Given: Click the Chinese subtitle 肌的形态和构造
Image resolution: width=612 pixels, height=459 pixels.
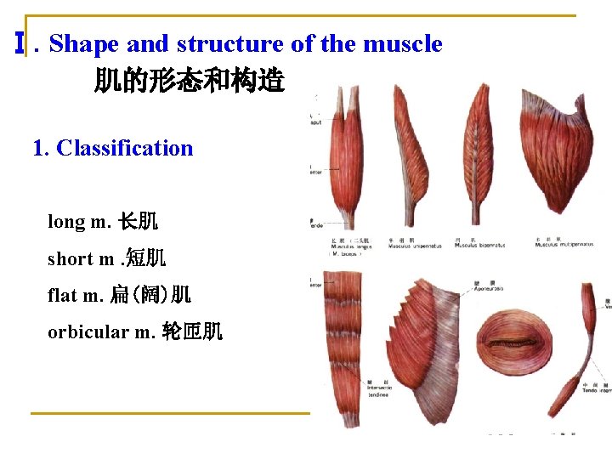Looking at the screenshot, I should coord(189,82).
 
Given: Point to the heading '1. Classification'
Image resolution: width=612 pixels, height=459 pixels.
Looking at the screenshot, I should coord(112,148).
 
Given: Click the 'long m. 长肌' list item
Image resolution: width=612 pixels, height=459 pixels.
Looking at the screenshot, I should coord(102,222).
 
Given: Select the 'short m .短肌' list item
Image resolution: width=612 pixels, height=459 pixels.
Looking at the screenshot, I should coord(106,258).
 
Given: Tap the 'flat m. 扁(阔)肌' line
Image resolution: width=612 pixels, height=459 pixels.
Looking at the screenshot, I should coord(119,295).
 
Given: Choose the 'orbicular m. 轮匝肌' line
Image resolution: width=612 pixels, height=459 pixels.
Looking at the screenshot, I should coord(135,331).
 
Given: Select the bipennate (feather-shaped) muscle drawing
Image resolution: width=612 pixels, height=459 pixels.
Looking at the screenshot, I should coord(485,153).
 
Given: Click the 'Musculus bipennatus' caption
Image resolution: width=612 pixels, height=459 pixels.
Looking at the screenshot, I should coord(480,246).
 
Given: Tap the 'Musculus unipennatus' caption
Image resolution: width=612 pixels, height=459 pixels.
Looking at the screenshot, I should coord(412,246).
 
